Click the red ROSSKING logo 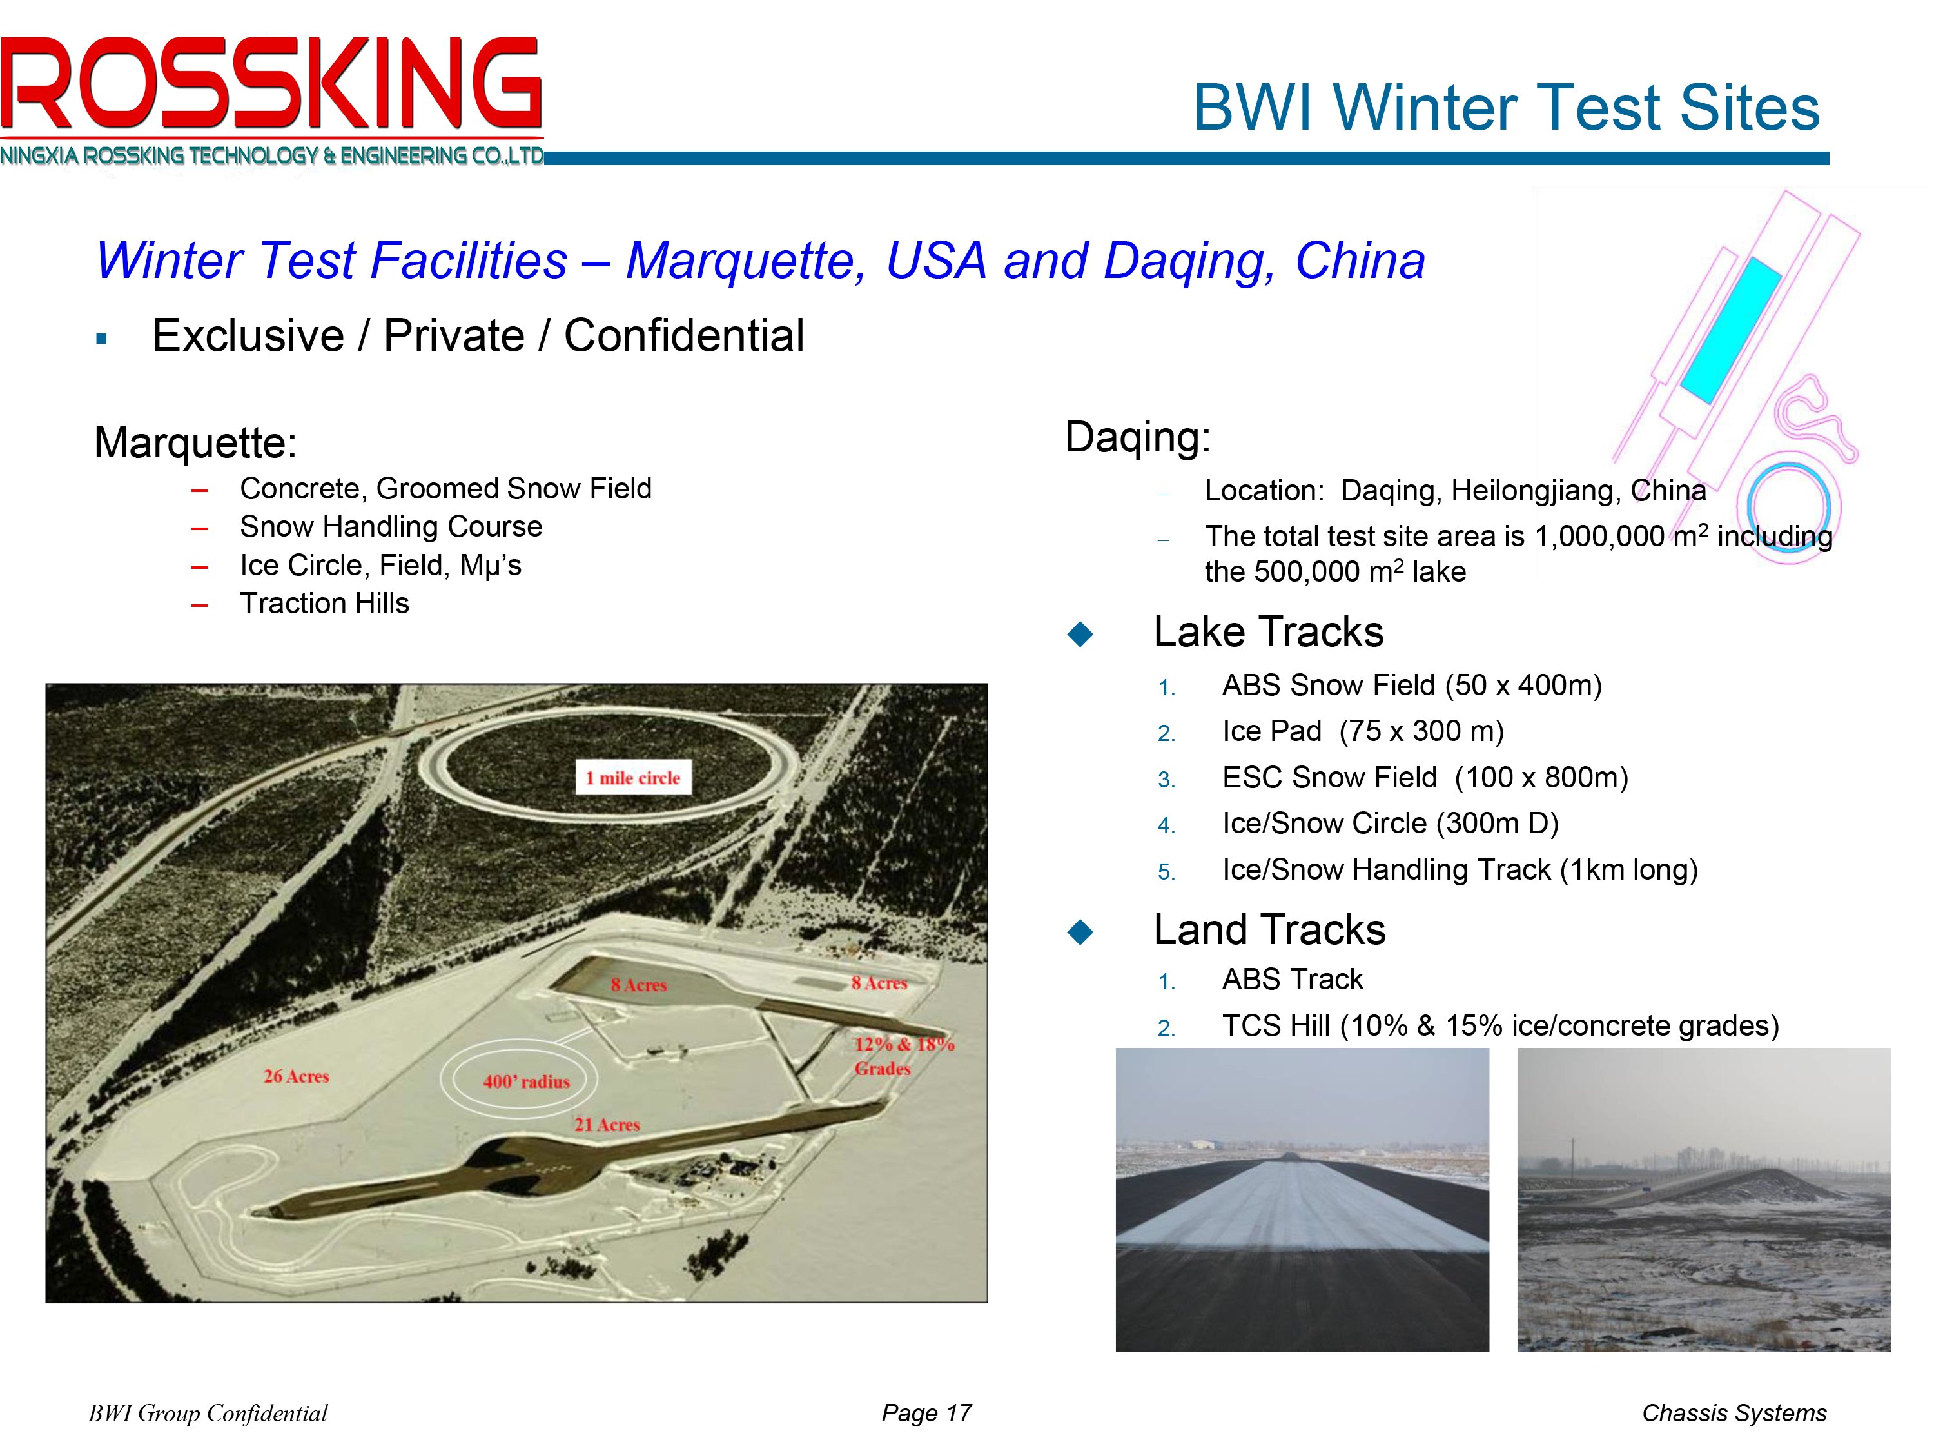click(x=271, y=83)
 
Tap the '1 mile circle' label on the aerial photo click(x=633, y=778)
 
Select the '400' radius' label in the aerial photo click(x=526, y=1082)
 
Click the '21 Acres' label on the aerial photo click(x=607, y=1125)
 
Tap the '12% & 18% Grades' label click(x=903, y=1056)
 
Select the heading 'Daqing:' click(x=1137, y=437)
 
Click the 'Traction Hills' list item click(x=324, y=604)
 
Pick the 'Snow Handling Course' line click(x=391, y=526)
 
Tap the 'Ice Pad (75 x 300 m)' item click(x=1363, y=731)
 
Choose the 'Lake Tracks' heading click(x=1269, y=631)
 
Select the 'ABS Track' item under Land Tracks click(x=1293, y=980)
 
